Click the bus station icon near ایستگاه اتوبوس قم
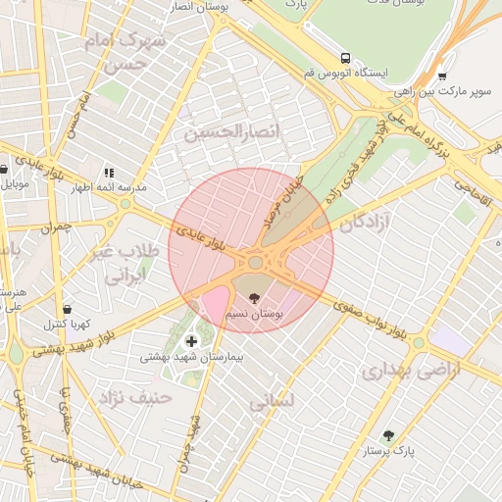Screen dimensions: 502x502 click(x=344, y=57)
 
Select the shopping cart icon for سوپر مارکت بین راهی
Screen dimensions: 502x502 click(x=442, y=75)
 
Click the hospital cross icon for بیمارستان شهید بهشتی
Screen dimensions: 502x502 click(x=190, y=341)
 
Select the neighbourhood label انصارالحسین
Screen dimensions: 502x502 click(x=232, y=130)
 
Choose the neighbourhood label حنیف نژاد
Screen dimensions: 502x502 click(x=134, y=397)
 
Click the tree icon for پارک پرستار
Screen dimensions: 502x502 click(x=388, y=434)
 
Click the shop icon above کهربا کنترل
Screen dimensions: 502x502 click(x=66, y=308)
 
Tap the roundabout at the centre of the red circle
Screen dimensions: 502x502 click(x=256, y=262)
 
